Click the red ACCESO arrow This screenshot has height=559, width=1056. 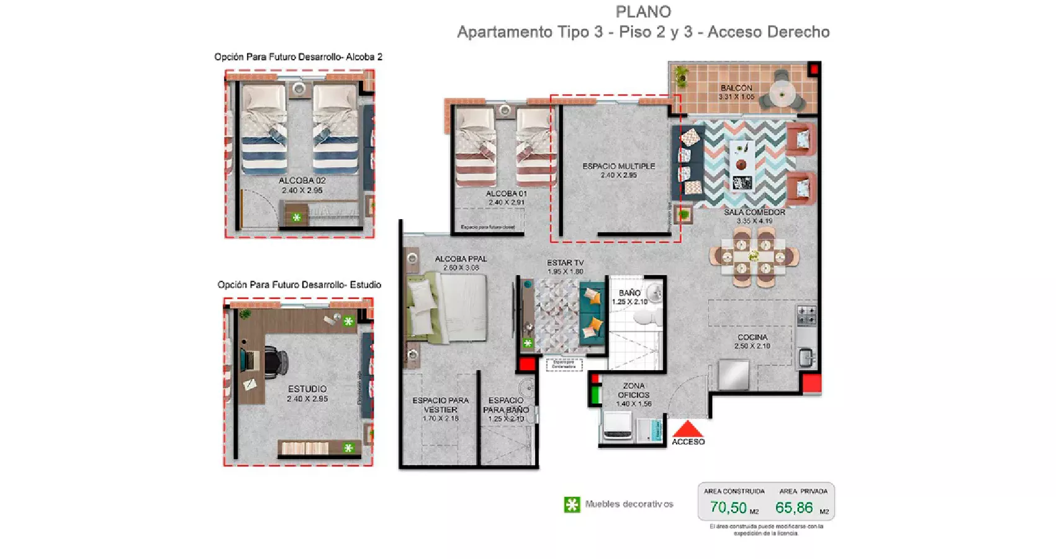point(688,429)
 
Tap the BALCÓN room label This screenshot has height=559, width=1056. point(736,88)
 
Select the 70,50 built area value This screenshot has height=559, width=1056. point(728,507)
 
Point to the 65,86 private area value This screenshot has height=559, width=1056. point(794,507)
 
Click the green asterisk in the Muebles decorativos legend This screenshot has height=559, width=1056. point(572,504)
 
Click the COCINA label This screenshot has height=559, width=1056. point(752,337)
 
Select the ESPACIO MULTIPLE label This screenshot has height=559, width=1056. point(618,166)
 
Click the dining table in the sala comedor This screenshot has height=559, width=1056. point(754,257)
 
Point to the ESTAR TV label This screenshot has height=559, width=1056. point(565,263)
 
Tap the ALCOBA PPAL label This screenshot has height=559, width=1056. point(461,259)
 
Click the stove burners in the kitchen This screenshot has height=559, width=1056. point(806,315)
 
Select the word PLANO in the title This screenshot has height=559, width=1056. point(643,12)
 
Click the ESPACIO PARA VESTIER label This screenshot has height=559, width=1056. point(441,405)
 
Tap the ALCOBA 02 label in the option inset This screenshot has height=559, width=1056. point(302,181)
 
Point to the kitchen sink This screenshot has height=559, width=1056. point(805,357)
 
